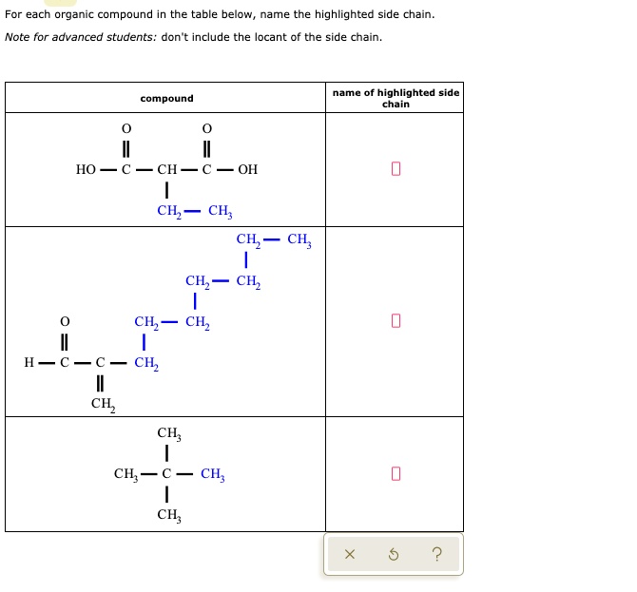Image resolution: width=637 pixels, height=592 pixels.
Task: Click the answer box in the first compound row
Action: [396, 170]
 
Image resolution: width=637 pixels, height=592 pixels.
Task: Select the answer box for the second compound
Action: [396, 322]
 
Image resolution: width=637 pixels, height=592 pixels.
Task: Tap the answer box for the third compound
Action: [396, 473]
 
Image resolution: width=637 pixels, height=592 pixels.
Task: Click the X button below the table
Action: [350, 555]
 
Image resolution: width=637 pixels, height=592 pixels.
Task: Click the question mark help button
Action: [436, 555]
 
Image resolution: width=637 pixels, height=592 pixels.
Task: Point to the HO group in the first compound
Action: [86, 170]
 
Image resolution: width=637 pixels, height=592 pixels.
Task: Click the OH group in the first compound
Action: [247, 170]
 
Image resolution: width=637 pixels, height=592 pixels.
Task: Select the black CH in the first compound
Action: [166, 170]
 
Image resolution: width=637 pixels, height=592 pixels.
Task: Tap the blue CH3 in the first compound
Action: [220, 211]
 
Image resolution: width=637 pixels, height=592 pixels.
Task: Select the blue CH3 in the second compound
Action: [299, 239]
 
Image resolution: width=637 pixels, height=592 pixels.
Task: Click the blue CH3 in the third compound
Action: [213, 473]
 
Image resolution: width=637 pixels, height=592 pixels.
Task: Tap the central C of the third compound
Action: [166, 473]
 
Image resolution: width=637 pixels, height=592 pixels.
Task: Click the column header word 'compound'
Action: [166, 99]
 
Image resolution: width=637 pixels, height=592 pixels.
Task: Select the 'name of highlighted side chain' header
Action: [396, 98]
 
